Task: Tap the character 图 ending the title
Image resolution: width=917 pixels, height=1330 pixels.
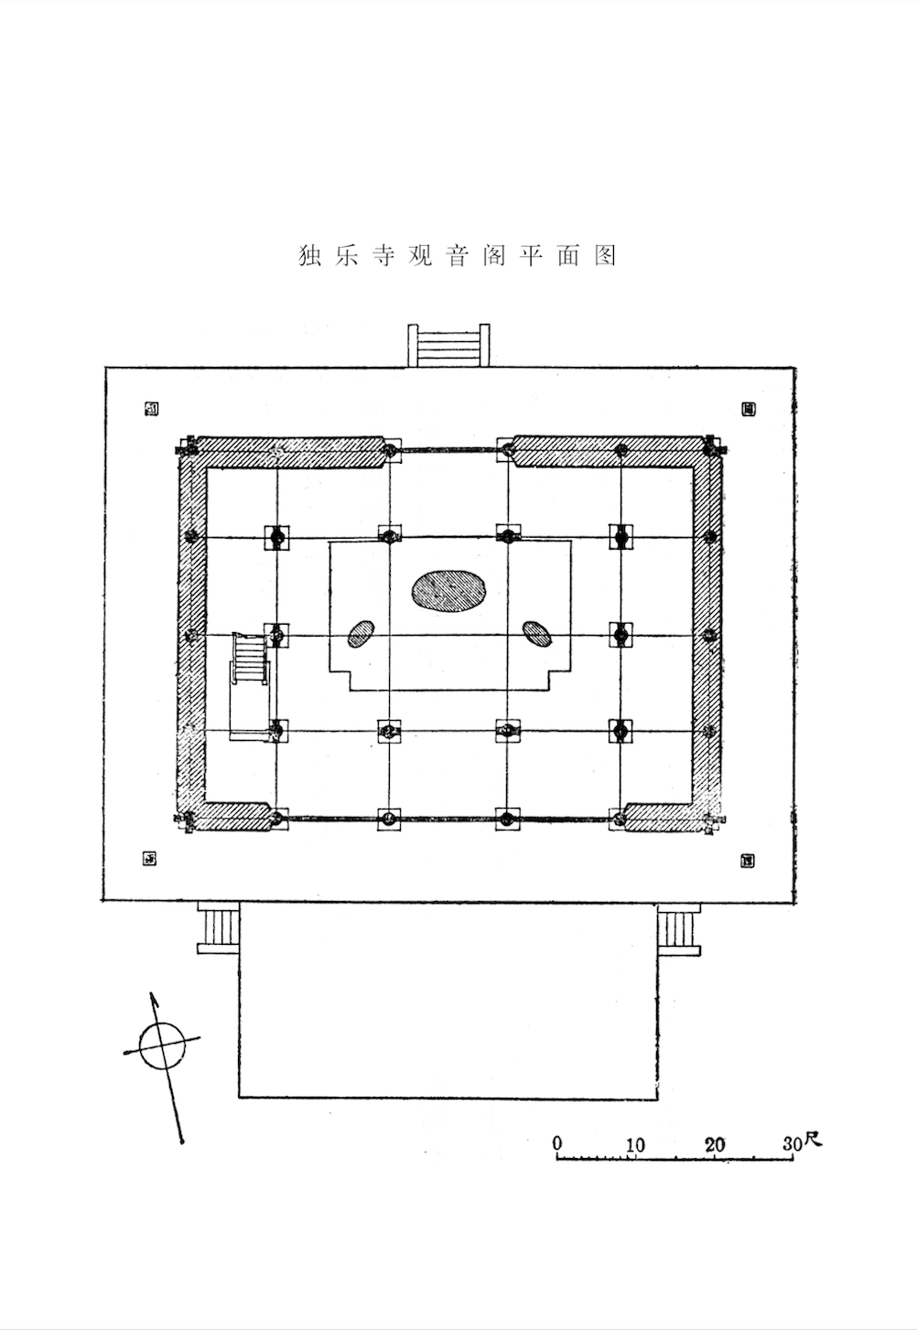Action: (x=605, y=256)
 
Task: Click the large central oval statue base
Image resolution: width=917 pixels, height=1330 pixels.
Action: (x=449, y=590)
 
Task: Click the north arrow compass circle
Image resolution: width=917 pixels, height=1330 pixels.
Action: (x=161, y=1045)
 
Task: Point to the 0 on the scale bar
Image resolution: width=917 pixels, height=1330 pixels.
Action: (x=557, y=1143)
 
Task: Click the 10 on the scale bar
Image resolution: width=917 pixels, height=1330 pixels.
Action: (x=634, y=1144)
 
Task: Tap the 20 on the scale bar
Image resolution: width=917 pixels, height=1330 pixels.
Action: (x=715, y=1144)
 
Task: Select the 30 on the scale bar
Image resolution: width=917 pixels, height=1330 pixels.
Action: (x=792, y=1143)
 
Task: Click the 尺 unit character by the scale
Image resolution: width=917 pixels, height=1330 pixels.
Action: (x=814, y=1140)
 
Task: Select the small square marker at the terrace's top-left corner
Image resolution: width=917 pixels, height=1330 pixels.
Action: (x=152, y=409)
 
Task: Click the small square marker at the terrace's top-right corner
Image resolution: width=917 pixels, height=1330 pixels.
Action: (x=748, y=409)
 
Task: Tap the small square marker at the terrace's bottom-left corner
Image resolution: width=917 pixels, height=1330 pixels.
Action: (x=150, y=858)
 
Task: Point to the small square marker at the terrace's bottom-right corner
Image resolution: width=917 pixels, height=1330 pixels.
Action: (x=748, y=860)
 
